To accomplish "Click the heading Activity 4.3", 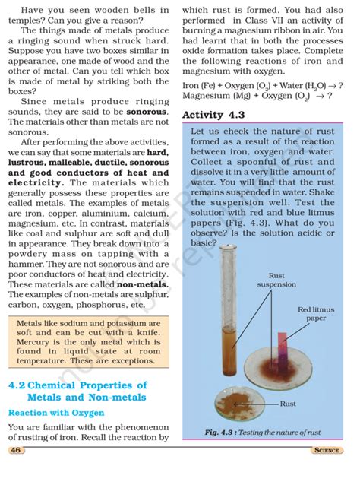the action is click(x=213, y=114).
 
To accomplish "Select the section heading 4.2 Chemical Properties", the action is click(x=77, y=391).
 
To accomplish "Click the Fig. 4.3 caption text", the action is click(x=263, y=433).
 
